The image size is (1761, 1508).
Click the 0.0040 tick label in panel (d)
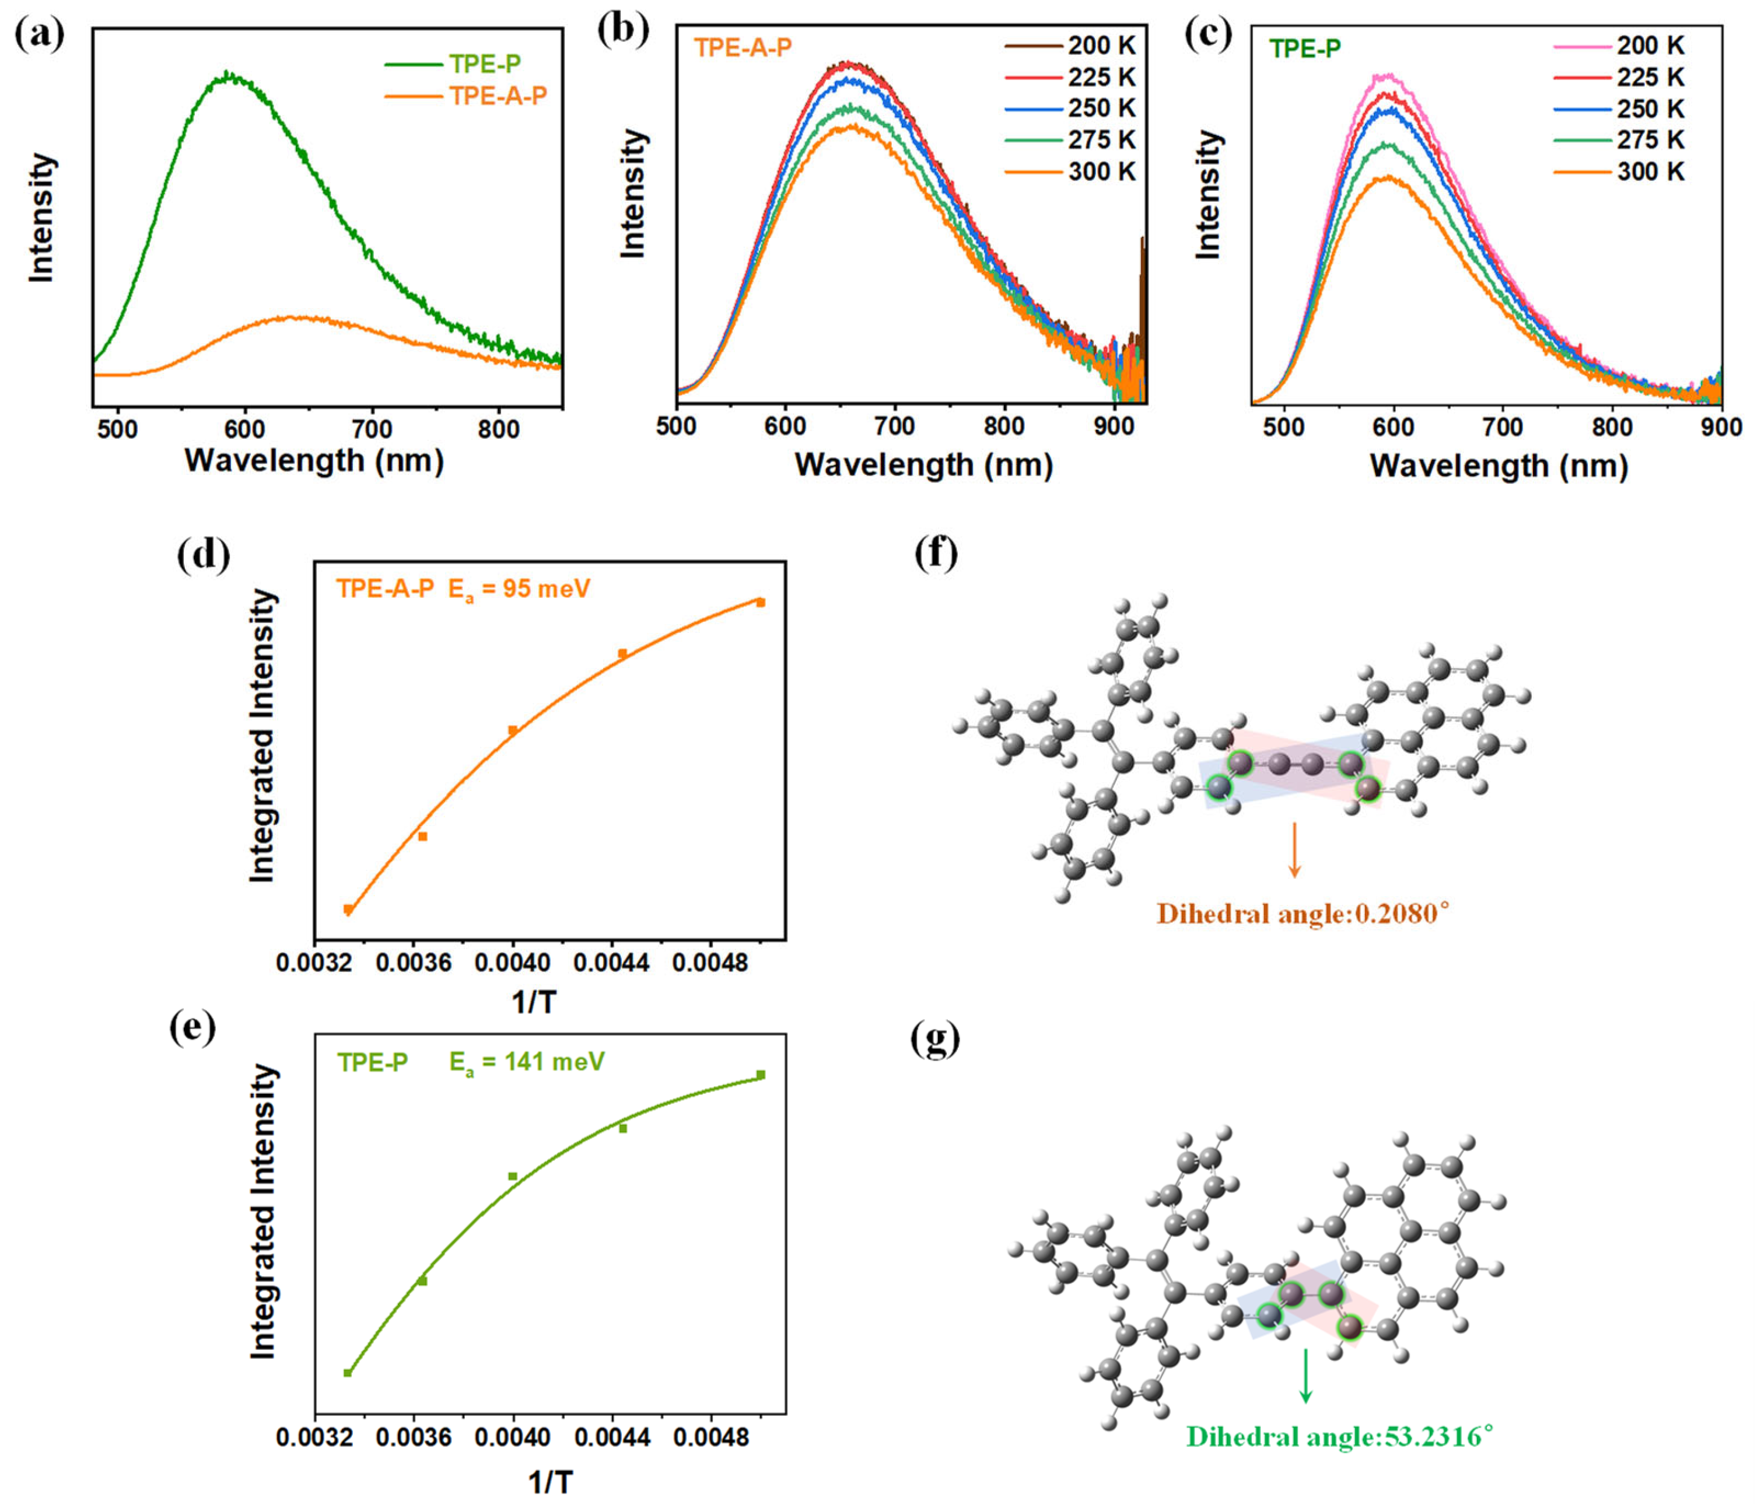(513, 963)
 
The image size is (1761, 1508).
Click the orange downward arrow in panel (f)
(1294, 849)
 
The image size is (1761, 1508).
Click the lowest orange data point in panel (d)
(348, 909)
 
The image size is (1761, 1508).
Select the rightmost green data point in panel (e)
(761, 1075)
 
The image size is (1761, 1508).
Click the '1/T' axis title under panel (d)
(534, 1002)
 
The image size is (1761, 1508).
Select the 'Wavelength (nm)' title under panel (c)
(1499, 466)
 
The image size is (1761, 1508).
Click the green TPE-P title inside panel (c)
(1305, 50)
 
